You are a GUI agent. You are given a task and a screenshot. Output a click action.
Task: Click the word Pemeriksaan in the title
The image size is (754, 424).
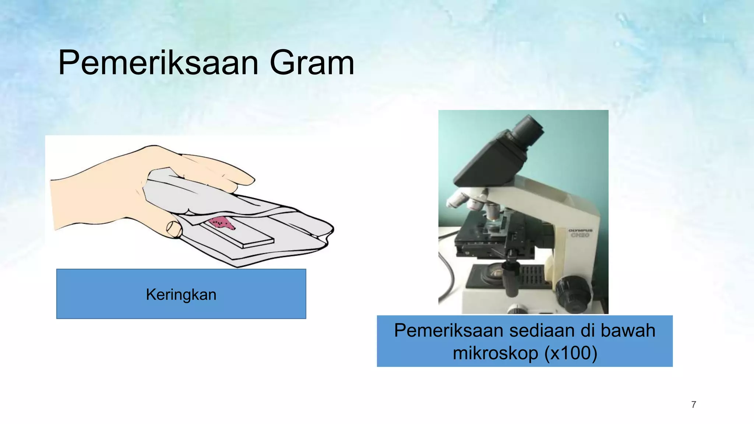click(158, 63)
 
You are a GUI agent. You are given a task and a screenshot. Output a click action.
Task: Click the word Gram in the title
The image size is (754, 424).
click(312, 63)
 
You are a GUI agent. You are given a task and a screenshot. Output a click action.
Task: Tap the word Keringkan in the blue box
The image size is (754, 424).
click(181, 294)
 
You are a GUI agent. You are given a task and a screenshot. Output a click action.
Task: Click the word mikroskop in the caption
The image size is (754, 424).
click(496, 353)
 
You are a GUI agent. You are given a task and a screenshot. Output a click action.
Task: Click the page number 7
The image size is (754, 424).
click(694, 404)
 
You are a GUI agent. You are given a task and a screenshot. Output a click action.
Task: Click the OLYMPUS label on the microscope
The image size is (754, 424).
click(580, 231)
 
